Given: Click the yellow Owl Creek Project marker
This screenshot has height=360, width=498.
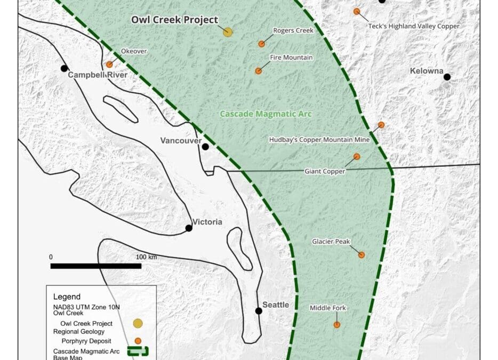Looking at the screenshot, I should tap(228, 32).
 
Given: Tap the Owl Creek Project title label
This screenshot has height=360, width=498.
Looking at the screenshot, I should tap(175, 20).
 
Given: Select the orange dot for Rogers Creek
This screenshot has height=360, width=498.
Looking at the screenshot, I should tap(261, 44).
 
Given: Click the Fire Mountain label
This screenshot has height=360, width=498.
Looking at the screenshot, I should tap(291, 57).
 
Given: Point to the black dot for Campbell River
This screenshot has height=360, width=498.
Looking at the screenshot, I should tap(64, 68).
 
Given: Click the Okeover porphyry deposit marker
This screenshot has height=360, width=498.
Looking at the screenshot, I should tap(109, 65).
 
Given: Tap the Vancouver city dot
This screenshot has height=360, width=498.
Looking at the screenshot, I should tap(205, 147).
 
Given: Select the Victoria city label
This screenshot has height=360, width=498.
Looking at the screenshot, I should tap(207, 222).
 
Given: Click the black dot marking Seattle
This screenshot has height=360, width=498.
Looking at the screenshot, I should tap(259, 311).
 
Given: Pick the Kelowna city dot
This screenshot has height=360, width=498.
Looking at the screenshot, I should tap(447, 77).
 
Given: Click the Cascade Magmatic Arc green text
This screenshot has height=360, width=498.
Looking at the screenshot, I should tap(266, 114).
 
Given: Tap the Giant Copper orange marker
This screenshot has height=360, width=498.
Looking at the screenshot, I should tap(357, 157).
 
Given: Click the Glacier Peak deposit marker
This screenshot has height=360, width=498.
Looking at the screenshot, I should tap(362, 255).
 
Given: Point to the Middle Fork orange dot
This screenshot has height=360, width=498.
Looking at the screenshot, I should tap(336, 324).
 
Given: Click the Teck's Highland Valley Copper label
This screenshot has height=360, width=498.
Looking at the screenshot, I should tap(414, 26).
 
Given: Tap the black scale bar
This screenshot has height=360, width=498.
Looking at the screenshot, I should tap(95, 266).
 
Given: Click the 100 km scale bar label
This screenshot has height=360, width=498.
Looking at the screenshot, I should tap(146, 257).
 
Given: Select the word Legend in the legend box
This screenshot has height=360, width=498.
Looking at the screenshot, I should tap(67, 297).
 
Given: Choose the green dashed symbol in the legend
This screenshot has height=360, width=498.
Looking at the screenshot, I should tap(138, 351).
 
